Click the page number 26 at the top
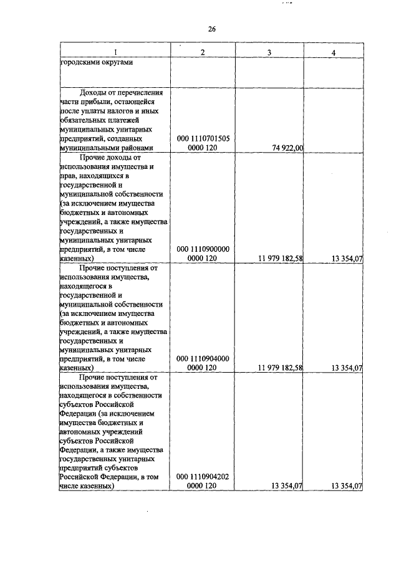pos(211,29)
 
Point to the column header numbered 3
pos(269,52)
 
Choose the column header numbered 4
pos(334,52)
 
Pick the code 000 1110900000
pos(203,249)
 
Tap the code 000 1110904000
pos(203,358)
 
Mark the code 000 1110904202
pos(203,477)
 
